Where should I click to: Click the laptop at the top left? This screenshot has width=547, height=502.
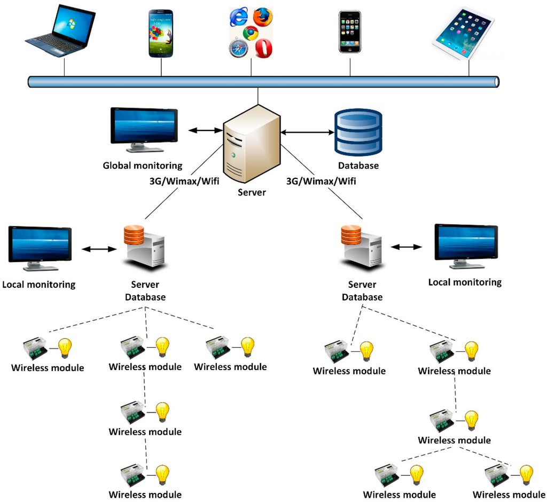tap(60, 31)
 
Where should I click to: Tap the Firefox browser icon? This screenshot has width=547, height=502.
tap(263, 18)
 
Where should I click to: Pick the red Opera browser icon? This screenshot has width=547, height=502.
tap(263, 49)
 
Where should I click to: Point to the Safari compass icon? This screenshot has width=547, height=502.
tap(238, 49)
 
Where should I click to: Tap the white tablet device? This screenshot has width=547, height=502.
tap(463, 33)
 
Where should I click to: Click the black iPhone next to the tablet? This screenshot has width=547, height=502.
tap(350, 32)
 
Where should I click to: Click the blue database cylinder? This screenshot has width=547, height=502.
tap(358, 131)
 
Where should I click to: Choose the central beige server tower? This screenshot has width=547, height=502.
tap(251, 143)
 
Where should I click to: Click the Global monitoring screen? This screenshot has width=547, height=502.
tap(144, 127)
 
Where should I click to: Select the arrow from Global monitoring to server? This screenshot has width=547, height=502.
tap(205, 130)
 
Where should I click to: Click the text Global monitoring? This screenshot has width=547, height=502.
tap(143, 166)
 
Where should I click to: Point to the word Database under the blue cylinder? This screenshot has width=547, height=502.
tap(358, 166)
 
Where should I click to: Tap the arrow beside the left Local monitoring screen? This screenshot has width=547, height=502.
tap(99, 249)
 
